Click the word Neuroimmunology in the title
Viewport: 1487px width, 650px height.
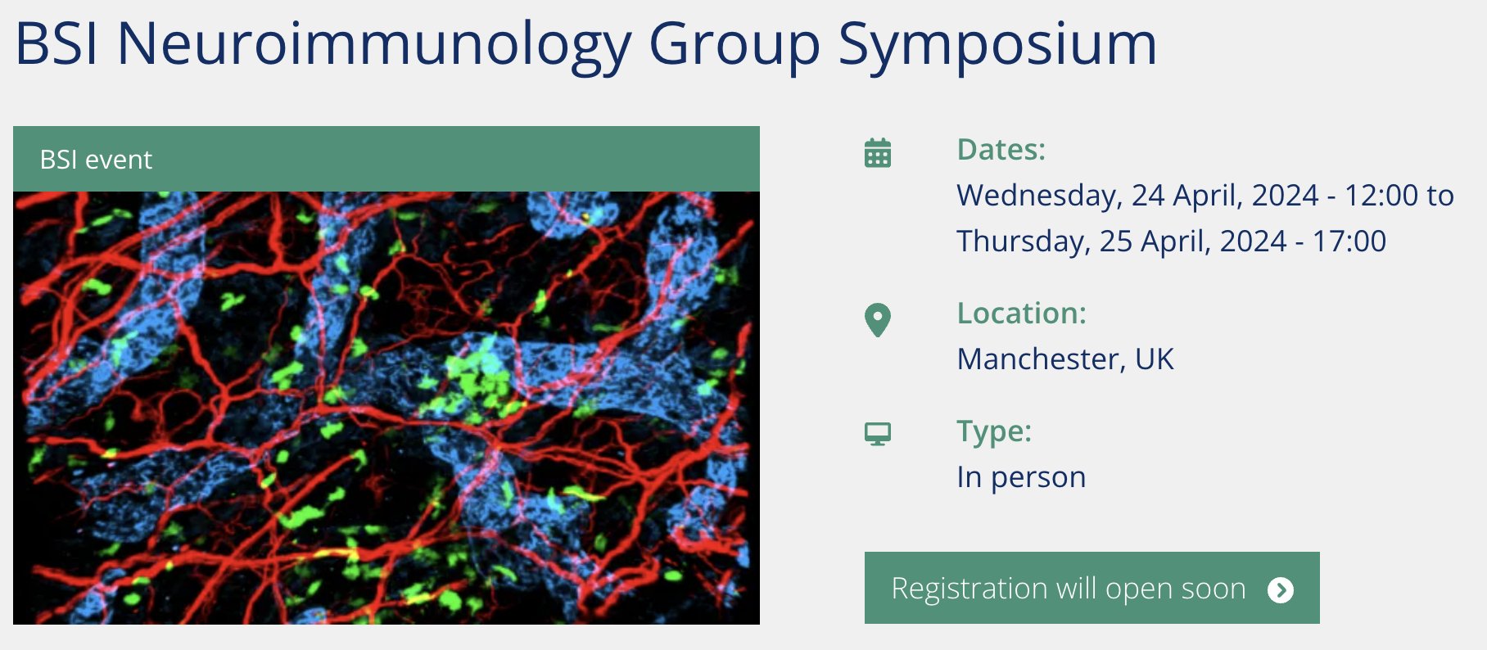[374, 45]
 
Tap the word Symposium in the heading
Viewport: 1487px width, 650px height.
[998, 45]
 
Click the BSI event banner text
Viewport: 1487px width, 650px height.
[96, 160]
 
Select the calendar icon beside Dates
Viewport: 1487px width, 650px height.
[878, 152]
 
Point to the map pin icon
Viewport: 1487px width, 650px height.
[878, 320]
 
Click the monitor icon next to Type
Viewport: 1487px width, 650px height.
[878, 434]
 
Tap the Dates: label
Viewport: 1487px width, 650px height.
[1001, 150]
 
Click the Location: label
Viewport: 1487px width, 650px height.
[1022, 314]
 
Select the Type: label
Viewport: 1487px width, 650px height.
[994, 432]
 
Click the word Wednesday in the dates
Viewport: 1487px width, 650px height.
[1040, 196]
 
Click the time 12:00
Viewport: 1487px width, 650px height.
[1381, 196]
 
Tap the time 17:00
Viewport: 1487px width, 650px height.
[1349, 241]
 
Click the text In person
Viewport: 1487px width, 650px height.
[1021, 477]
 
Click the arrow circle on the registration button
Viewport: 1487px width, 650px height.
[1281, 589]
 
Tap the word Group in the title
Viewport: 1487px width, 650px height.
[734, 45]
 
